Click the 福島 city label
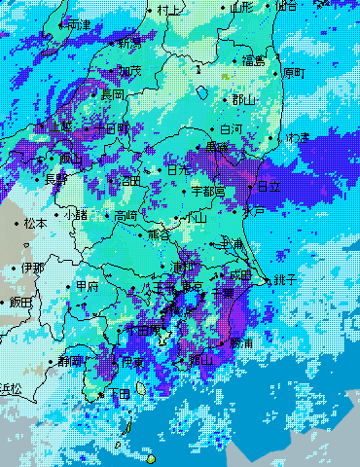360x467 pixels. coord(255,61)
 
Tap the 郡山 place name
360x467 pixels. coord(244,99)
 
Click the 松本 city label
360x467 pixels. coord(35,223)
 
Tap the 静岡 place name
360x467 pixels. coord(70,361)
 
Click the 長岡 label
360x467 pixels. coord(113,94)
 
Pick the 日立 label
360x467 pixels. coord(268,186)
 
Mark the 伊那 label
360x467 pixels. coord(32,268)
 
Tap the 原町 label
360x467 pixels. coord(293,73)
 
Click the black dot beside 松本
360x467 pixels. coord(18,223)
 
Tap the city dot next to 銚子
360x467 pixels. coord(270,279)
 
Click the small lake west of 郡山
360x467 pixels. coord(202,92)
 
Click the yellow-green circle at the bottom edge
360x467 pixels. coord(151,459)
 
